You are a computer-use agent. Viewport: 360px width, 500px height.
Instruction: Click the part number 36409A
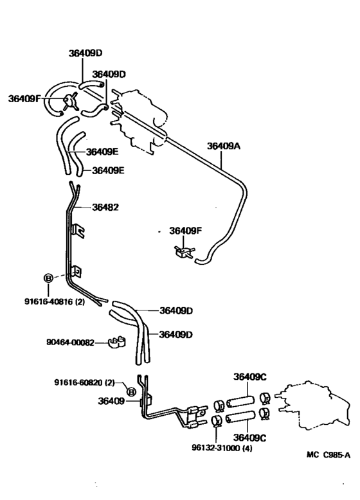click(x=223, y=146)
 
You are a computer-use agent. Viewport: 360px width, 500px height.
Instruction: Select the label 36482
click(x=105, y=207)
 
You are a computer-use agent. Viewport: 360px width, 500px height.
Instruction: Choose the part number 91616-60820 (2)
click(x=84, y=382)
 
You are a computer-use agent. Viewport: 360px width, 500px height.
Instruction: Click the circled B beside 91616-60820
click(x=131, y=391)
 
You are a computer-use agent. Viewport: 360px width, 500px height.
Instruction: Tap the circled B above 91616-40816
click(x=48, y=278)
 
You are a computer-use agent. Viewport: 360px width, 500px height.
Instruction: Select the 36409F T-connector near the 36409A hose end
click(x=183, y=249)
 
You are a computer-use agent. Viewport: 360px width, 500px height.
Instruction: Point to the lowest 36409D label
click(x=176, y=334)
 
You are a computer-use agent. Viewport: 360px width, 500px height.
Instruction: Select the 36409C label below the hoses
click(x=250, y=438)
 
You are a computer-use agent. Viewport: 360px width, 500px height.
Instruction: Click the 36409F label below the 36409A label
click(x=186, y=229)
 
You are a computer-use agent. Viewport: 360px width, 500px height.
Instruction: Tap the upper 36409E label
click(x=103, y=152)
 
